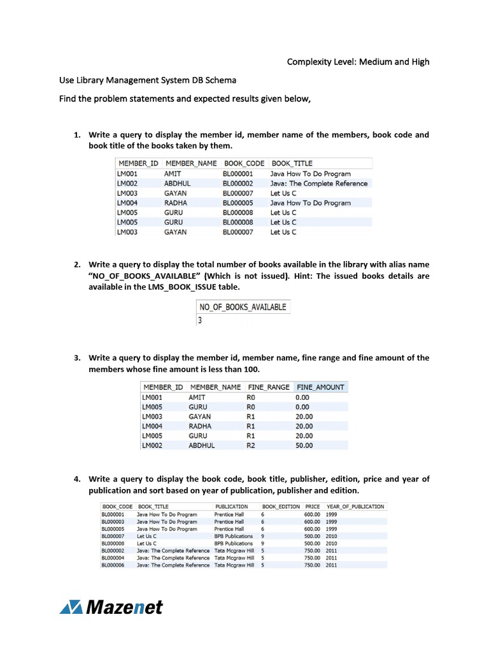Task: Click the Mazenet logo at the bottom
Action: tap(111, 607)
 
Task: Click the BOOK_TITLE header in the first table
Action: tap(291, 164)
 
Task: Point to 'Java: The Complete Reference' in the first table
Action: tap(318, 183)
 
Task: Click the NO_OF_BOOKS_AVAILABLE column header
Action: tap(243, 307)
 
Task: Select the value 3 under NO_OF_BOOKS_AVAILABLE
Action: tap(201, 320)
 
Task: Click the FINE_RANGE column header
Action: tap(268, 387)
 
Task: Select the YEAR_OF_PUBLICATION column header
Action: tap(355, 507)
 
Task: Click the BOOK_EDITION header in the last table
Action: tap(281, 507)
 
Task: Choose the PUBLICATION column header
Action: tap(231, 507)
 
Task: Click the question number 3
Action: tap(76, 358)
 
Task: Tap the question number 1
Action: tap(76, 135)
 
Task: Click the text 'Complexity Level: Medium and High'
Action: tap(358, 62)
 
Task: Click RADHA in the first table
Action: tap(176, 203)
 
